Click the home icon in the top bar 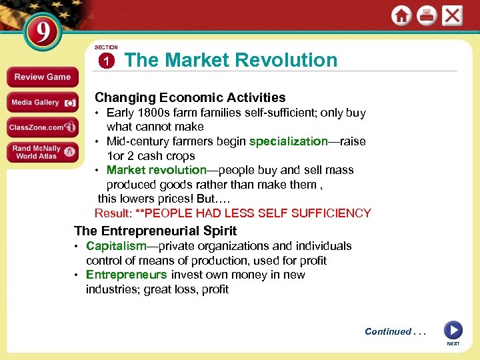401,15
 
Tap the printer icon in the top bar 427,15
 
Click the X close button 452,15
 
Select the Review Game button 42,77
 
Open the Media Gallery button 42,102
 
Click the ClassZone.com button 42,127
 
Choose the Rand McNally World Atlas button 42,152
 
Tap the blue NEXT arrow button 453,331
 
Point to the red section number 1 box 106,61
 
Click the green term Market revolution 157,170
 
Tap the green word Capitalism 116,246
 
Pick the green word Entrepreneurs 127,275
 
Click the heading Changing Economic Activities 190,97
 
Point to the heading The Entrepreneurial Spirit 155,231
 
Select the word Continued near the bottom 387,331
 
